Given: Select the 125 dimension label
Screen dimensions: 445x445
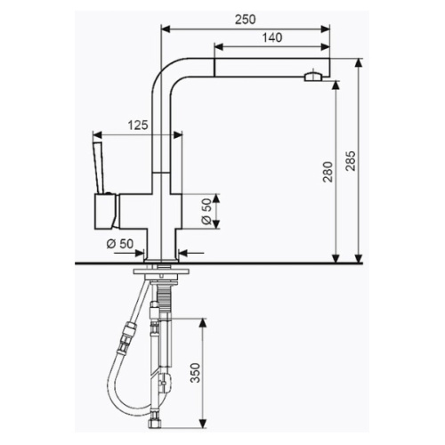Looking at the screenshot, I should click(x=137, y=126).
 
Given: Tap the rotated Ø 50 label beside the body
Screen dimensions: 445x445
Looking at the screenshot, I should click(x=206, y=211).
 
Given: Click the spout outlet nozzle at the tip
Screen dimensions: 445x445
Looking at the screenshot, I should click(x=311, y=77).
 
